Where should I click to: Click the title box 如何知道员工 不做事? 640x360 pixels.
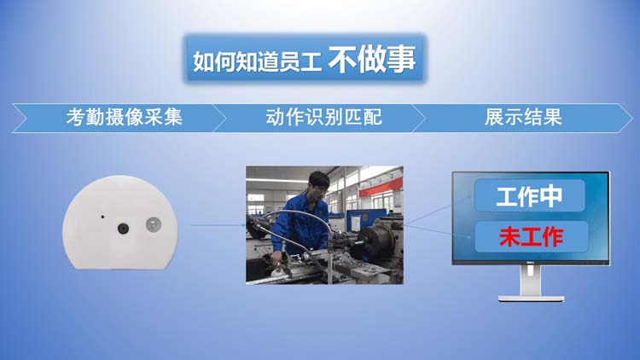pyautogui.click(x=305, y=59)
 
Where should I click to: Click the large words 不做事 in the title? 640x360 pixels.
pyautogui.click(x=372, y=60)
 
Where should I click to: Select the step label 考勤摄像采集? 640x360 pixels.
pyautogui.click(x=124, y=118)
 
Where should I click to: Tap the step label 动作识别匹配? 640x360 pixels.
pyautogui.click(x=324, y=118)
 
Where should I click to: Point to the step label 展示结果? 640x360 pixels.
pyautogui.click(x=523, y=118)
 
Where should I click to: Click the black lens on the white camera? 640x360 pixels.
pyautogui.click(x=123, y=229)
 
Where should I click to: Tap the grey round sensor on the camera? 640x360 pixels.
pyautogui.click(x=154, y=225)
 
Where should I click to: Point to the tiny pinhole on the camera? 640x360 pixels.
pyautogui.click(x=102, y=217)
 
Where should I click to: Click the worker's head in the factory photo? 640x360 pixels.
pyautogui.click(x=318, y=184)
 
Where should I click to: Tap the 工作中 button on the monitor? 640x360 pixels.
pyautogui.click(x=529, y=196)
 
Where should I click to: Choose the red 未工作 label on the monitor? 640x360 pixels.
pyautogui.click(x=532, y=237)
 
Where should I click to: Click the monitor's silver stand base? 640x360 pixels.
pyautogui.click(x=531, y=299)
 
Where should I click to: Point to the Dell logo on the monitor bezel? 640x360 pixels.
pyautogui.click(x=530, y=263)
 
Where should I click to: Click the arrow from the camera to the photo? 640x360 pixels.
pyautogui.click(x=218, y=225)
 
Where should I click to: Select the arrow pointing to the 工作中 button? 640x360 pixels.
pyautogui.click(x=438, y=211)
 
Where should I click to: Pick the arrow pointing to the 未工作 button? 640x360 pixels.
pyautogui.click(x=438, y=231)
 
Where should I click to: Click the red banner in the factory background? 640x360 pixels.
pyautogui.click(x=381, y=188)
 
